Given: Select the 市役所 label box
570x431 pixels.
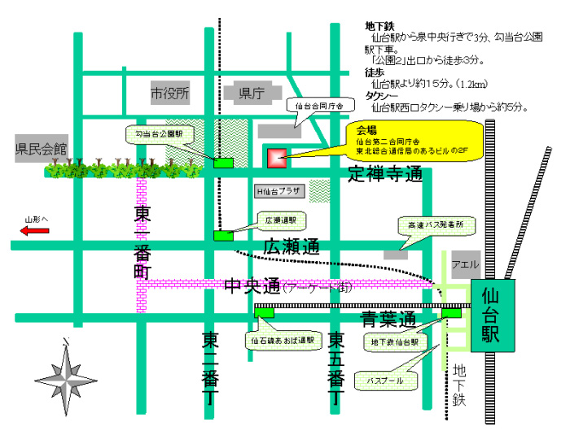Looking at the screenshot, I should coord(169,94).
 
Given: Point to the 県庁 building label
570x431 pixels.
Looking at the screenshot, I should coord(249,94).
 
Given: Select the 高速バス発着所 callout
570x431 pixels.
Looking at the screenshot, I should coord(430,224).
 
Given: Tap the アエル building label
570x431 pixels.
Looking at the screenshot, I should coord(466,263).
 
